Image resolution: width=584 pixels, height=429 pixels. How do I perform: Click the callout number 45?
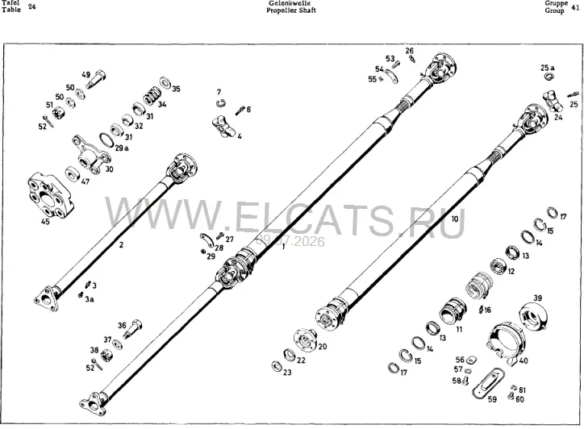click(x=45, y=222)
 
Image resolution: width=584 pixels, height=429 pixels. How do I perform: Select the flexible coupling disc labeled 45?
click(x=51, y=195)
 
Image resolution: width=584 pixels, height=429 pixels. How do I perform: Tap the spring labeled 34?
click(x=152, y=97)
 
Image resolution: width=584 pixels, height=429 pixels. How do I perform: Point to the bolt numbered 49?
click(x=97, y=79)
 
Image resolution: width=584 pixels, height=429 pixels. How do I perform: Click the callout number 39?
click(x=537, y=298)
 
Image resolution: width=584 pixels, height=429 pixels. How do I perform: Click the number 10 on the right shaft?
click(x=455, y=219)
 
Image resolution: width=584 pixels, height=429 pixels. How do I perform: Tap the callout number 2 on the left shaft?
click(x=121, y=244)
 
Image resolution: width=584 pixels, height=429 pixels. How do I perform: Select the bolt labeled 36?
click(x=133, y=329)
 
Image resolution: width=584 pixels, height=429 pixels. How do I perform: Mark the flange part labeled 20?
click(x=306, y=340)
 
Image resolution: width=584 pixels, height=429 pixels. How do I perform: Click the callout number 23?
click(x=287, y=372)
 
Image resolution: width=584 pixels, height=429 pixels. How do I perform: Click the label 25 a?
click(x=548, y=68)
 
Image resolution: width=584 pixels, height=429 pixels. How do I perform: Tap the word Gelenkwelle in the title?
click(x=290, y=3)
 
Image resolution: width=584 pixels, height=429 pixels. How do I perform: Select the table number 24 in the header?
click(x=32, y=6)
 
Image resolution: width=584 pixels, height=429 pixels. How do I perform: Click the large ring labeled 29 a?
click(x=107, y=140)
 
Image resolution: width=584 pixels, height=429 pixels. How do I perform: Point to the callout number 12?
click(x=511, y=272)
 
